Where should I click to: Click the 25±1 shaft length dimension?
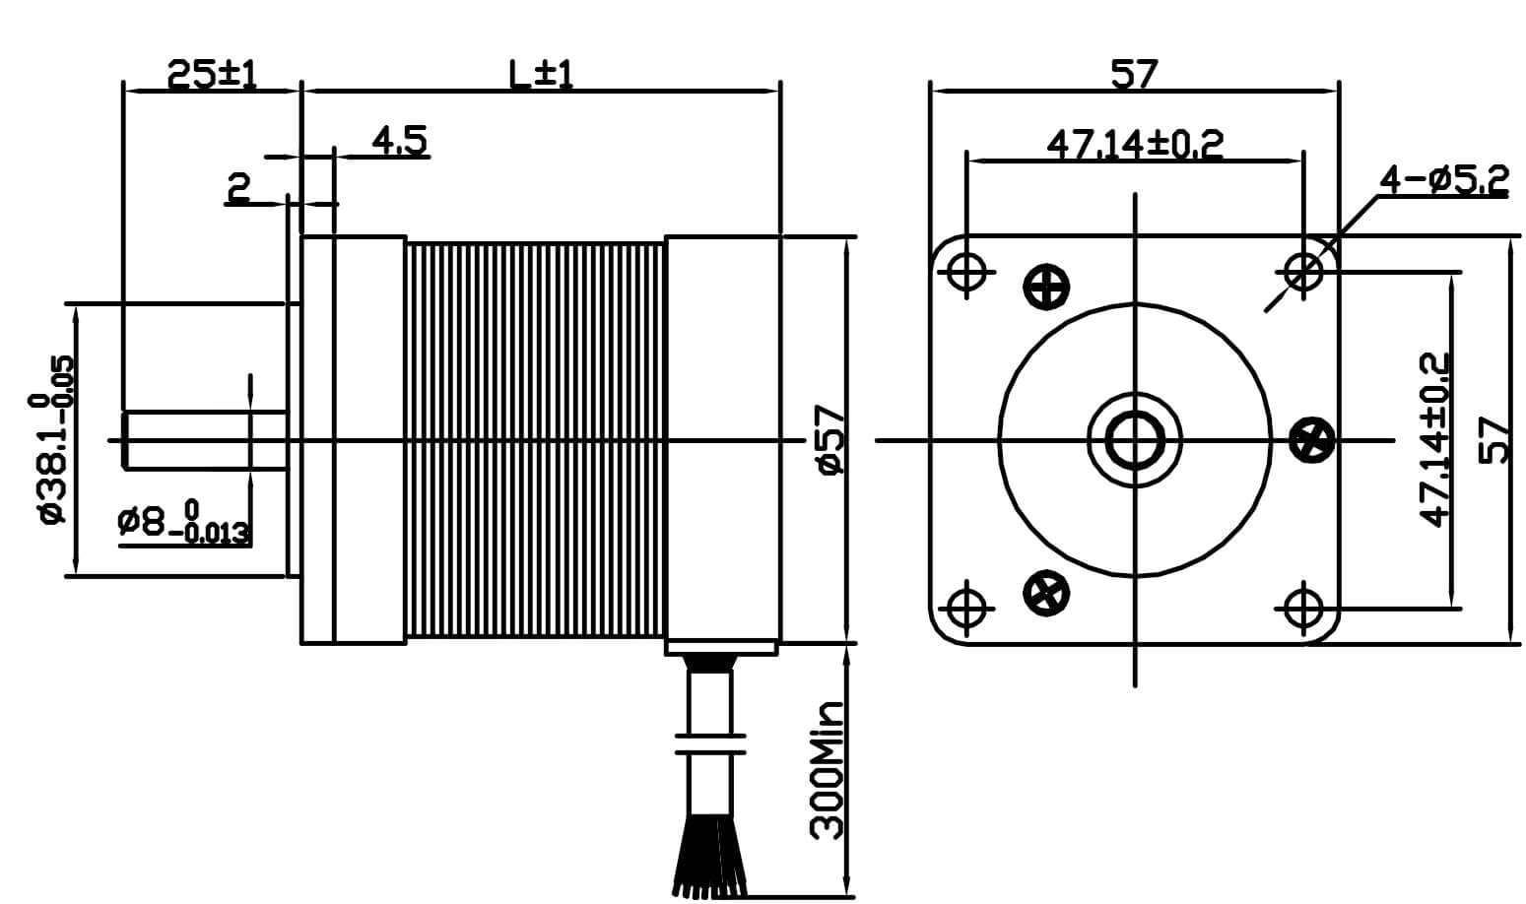211,75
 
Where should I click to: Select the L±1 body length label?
540,75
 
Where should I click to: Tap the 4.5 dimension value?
399,142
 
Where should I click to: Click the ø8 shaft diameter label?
182,523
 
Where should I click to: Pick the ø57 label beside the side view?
830,439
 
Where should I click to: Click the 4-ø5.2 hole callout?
1442,180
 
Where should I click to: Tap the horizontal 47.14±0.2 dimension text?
1134,146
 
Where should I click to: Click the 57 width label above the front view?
1134,75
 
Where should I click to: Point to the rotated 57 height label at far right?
1493,439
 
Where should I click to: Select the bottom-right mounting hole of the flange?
1304,607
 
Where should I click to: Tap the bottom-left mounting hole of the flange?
966,607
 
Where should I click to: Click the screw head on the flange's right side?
1312,439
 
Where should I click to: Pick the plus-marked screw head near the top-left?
1046,288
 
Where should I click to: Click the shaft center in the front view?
1135,439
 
